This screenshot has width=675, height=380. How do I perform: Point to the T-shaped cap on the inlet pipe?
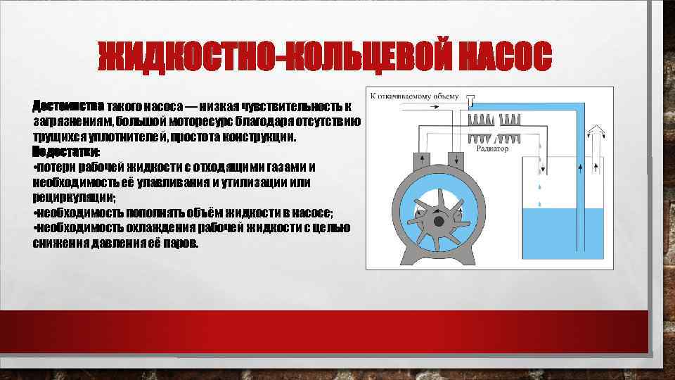[x=471, y=98]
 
